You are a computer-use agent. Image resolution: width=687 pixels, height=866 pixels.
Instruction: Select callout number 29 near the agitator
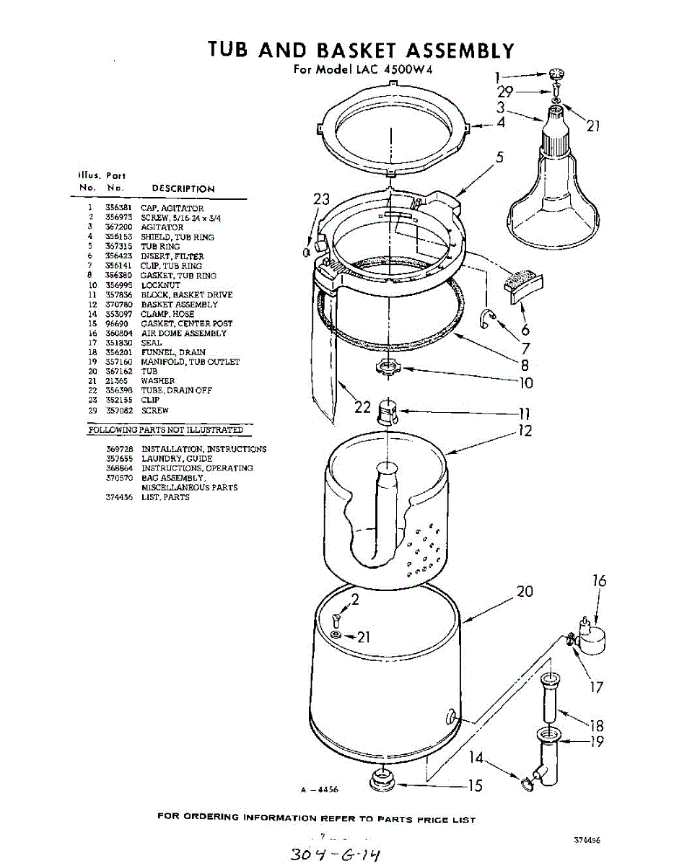coord(504,92)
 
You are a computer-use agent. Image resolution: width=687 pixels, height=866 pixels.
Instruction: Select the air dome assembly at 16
coord(593,635)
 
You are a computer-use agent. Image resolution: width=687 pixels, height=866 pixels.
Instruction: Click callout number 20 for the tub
coord(525,592)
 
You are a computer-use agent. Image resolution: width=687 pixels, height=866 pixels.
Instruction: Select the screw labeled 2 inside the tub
coord(337,616)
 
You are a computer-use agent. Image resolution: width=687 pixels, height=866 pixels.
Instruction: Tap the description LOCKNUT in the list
coord(159,285)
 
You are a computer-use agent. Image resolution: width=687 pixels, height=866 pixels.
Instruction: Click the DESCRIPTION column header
coord(183,189)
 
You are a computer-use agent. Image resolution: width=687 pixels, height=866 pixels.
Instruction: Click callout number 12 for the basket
coord(525,431)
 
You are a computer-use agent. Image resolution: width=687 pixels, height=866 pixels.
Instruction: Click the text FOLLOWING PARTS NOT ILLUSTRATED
coord(165,430)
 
